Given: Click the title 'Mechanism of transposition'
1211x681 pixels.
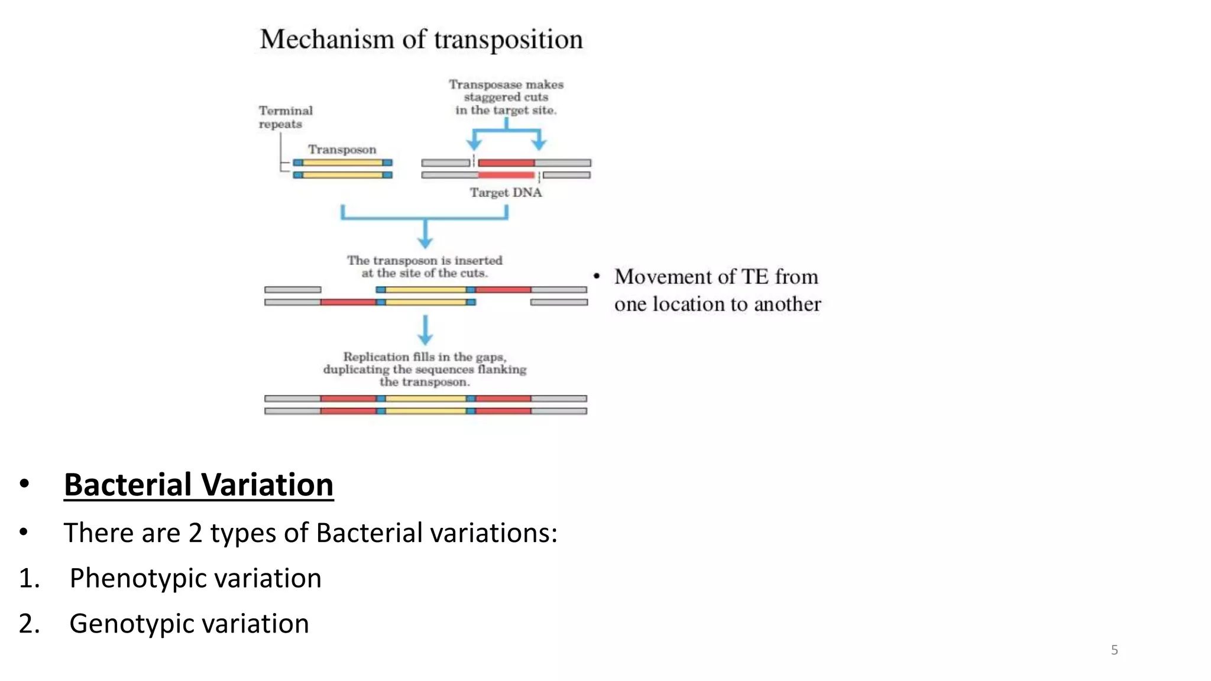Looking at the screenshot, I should [421, 40].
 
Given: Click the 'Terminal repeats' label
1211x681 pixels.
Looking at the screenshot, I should [285, 117].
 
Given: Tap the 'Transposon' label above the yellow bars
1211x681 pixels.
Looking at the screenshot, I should [342, 150].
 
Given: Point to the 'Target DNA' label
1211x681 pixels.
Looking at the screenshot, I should [506, 193].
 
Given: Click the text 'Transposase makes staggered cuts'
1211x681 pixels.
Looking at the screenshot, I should [506, 90].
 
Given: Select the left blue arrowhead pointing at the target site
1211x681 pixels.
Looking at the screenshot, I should [474, 144].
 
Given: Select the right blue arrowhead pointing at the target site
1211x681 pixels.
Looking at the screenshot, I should [539, 144].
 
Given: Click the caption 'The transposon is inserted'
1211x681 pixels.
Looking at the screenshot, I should [425, 261].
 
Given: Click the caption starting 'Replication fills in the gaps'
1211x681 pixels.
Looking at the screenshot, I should [425, 357].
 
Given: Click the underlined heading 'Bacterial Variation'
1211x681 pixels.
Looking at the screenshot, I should [199, 485].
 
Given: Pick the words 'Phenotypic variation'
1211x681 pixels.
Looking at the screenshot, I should [195, 578].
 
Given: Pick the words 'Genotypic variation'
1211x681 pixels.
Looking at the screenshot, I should [189, 624].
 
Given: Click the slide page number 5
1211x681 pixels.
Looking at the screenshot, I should [1114, 650].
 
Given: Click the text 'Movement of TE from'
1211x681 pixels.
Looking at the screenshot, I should [716, 277].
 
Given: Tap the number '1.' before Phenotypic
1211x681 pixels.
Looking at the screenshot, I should [29, 578].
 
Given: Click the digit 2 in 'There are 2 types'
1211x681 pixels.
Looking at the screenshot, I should [195, 533].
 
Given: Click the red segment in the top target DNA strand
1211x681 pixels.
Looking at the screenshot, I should [506, 163].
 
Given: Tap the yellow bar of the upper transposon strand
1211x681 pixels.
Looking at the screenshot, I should [342, 163].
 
